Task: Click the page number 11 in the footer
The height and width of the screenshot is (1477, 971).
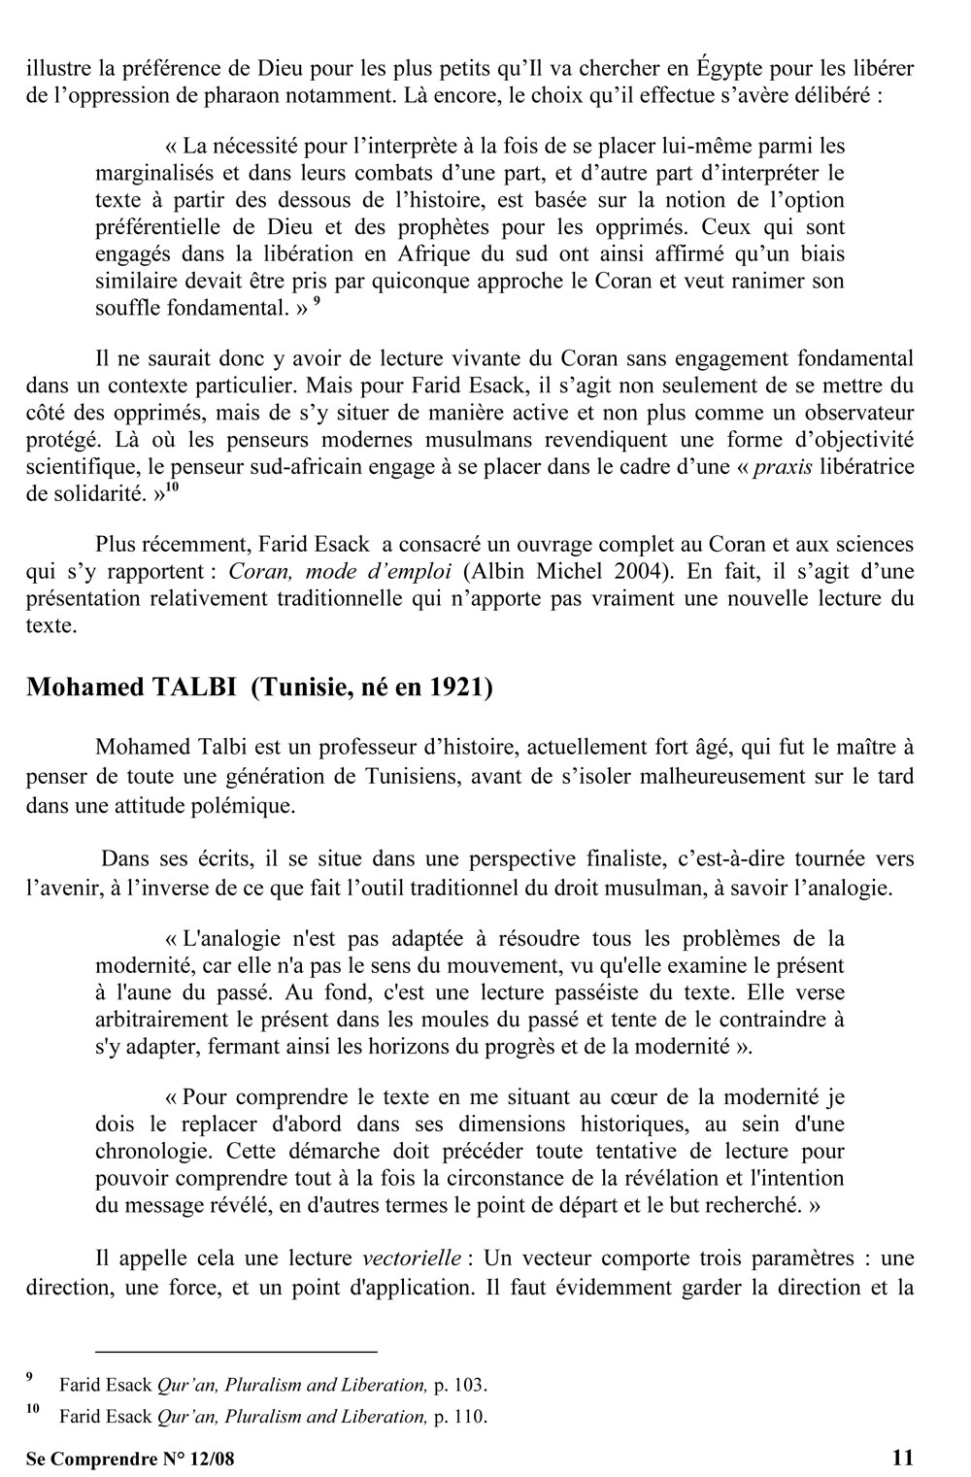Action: pyautogui.click(x=902, y=1457)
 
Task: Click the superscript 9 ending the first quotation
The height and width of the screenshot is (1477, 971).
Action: pyautogui.click(x=317, y=302)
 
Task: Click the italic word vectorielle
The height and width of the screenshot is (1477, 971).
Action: pyautogui.click(x=411, y=1259)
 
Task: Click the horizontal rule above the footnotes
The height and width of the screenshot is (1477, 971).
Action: pyautogui.click(x=235, y=1350)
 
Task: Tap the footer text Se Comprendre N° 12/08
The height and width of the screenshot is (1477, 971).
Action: pyautogui.click(x=130, y=1458)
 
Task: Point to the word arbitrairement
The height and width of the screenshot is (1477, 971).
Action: pyautogui.click(x=167, y=1021)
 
